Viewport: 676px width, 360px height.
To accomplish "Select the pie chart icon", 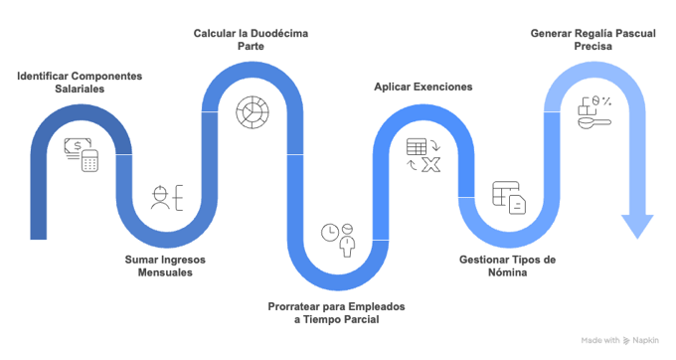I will (252, 110).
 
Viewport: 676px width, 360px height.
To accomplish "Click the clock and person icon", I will (338, 239).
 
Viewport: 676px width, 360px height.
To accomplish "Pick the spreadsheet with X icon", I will (422, 154).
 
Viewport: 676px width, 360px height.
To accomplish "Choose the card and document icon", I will (507, 197).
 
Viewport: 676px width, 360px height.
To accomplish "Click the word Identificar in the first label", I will (41, 77).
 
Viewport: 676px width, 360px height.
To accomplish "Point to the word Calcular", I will (214, 34).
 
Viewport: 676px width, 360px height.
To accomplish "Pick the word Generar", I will (551, 34).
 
